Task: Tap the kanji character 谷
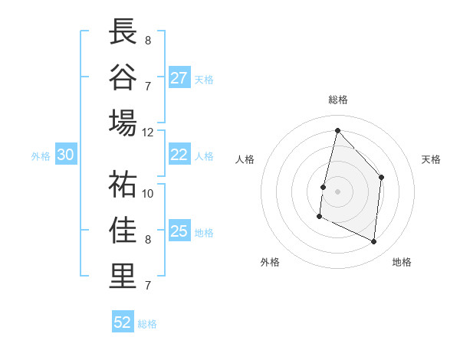123,77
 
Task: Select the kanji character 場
123,123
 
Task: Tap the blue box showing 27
179,77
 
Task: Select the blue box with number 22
179,155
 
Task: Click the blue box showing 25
179,231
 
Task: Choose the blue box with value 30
66,155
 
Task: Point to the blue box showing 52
123,322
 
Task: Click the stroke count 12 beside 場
147,132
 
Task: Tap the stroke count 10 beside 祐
147,193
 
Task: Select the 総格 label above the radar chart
337,100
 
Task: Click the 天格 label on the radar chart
431,159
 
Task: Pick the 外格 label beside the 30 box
41,156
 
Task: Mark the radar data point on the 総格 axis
337,130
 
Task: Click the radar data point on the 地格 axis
374,242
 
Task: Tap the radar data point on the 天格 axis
382,177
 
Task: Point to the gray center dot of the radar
337,191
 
